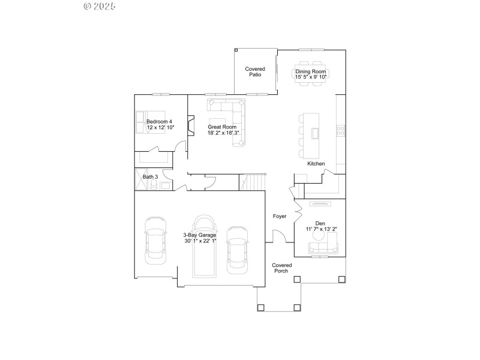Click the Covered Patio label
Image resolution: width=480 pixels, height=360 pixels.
click(254, 72)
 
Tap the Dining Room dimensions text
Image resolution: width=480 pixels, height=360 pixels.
click(311, 77)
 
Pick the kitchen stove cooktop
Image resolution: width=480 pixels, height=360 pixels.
click(340, 130)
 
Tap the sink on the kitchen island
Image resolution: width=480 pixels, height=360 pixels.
click(314, 133)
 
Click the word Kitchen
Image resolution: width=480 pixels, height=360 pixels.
click(316, 164)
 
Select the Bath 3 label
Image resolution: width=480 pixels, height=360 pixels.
click(150, 177)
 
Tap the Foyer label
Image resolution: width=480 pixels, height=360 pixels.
click(280, 216)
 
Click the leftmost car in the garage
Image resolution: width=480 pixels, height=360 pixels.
click(155, 240)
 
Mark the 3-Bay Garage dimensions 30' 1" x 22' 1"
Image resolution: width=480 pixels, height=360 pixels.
click(199, 241)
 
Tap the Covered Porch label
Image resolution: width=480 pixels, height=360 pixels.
click(281, 268)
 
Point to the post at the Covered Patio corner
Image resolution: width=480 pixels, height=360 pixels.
click(236, 50)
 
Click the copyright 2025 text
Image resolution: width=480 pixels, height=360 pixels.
click(99, 6)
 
